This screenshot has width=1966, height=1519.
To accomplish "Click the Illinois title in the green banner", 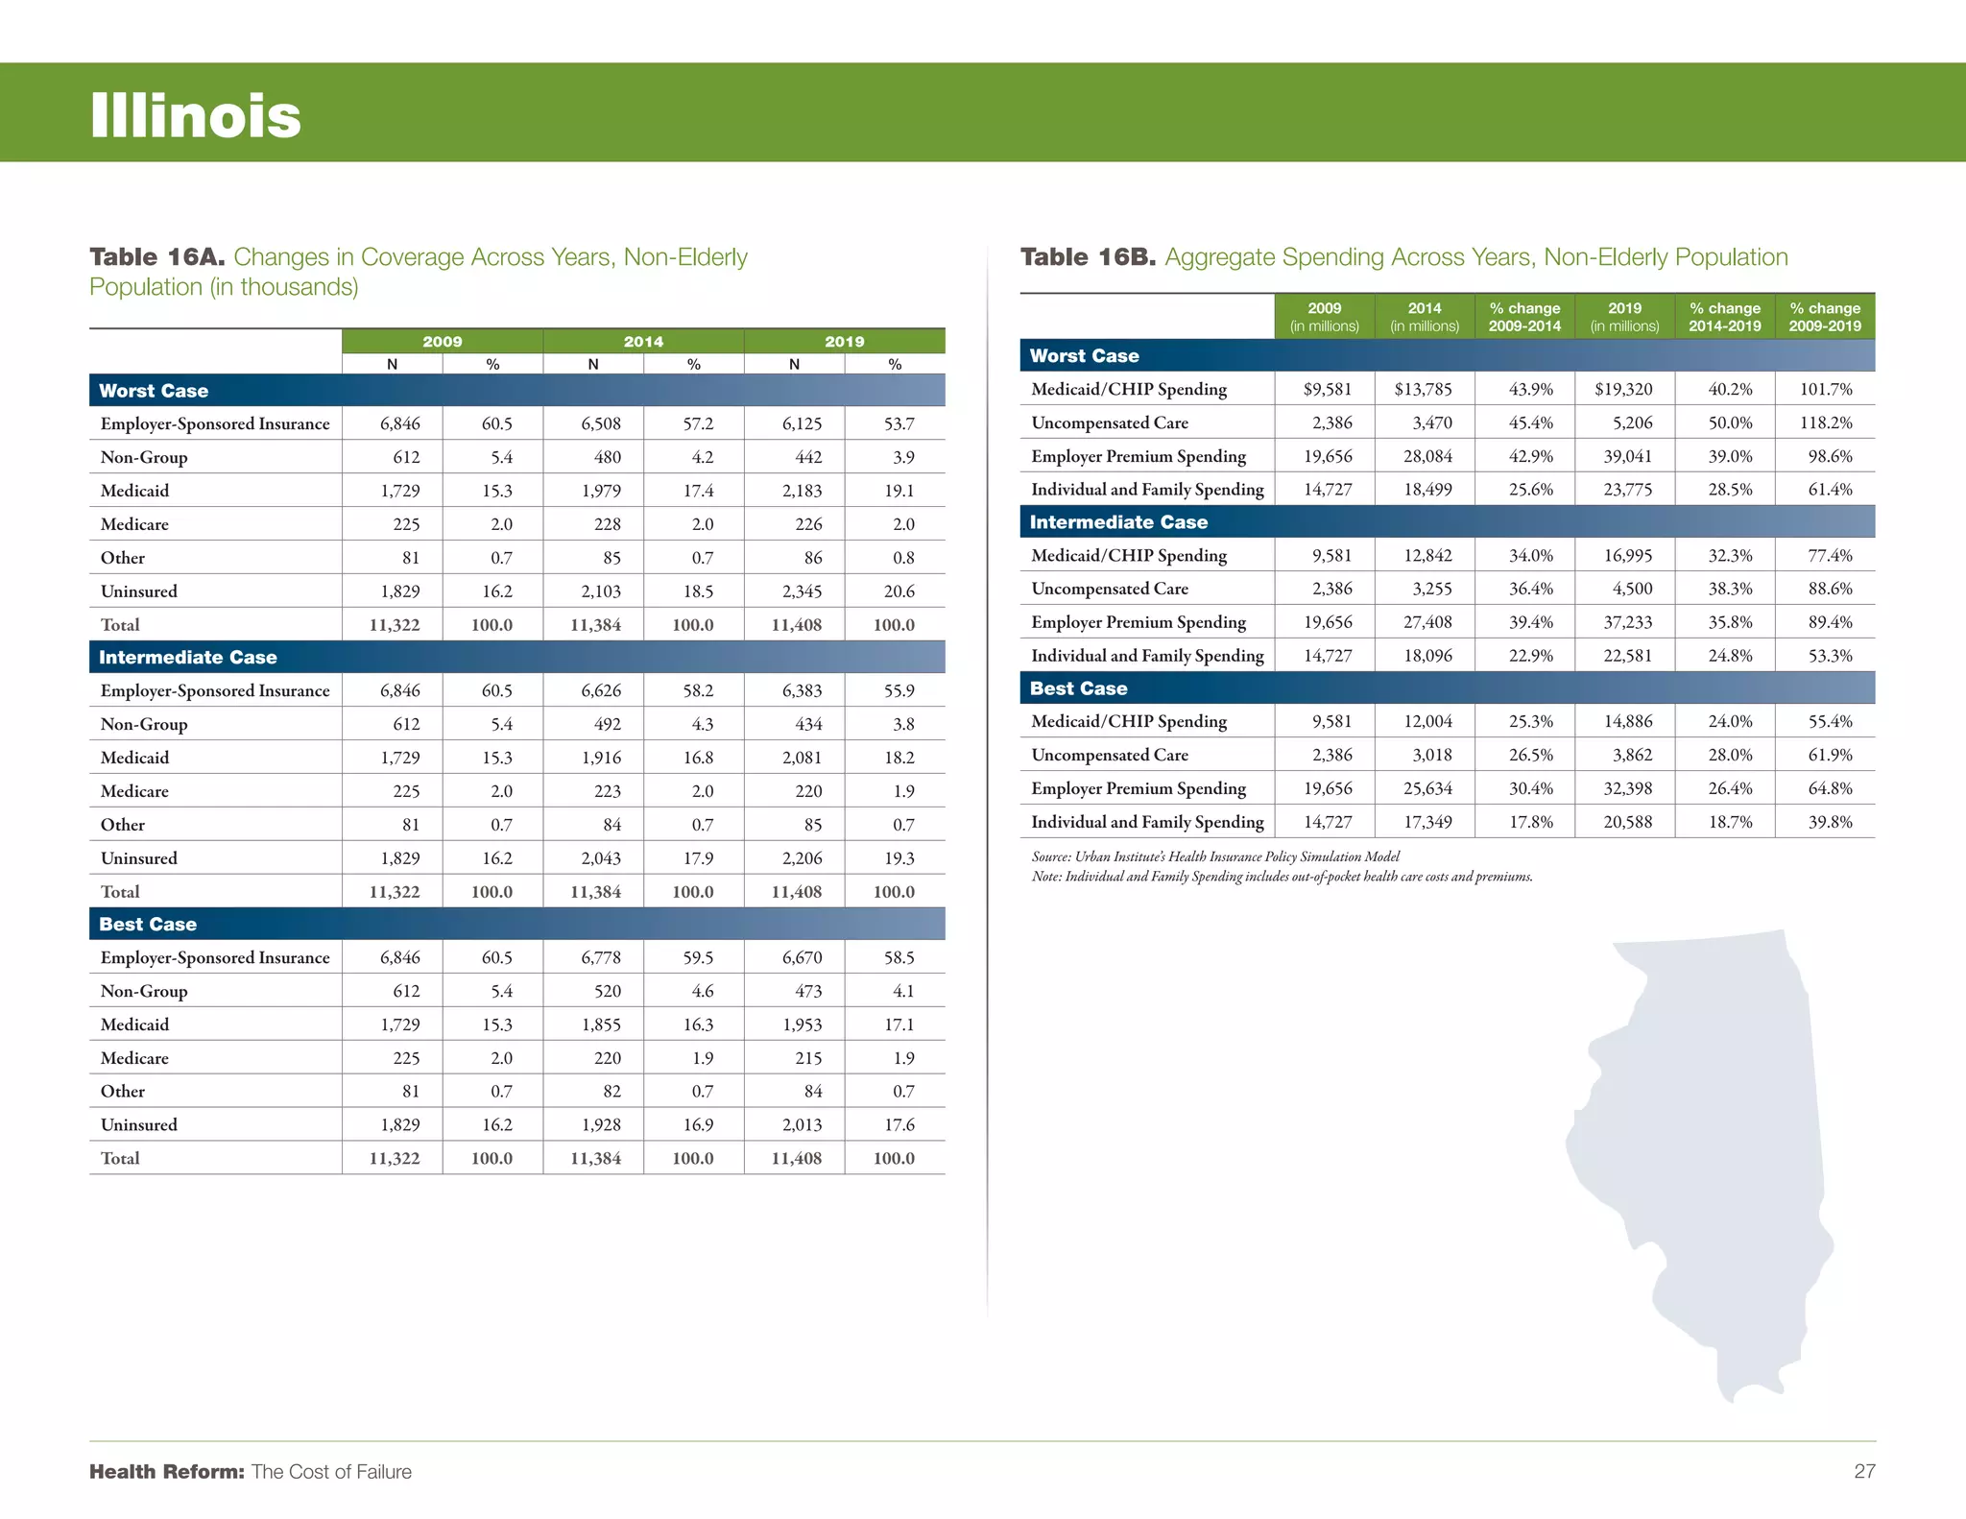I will click(x=196, y=116).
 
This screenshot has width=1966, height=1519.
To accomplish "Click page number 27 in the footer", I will click(x=1863, y=1471).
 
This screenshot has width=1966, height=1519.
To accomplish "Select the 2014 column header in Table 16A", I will click(x=643, y=342).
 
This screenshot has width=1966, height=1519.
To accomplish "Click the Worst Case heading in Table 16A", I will click(x=154, y=391).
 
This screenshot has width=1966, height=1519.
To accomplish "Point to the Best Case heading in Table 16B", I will click(x=1078, y=688).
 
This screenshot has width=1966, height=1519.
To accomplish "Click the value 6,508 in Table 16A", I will click(x=601, y=423).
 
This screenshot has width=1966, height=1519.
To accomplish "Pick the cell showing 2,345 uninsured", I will click(x=802, y=591).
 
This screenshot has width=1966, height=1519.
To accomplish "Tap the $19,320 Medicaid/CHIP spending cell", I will click(x=1623, y=389).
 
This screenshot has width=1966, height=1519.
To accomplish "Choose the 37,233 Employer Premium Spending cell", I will click(x=1627, y=622).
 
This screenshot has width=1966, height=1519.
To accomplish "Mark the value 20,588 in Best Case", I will click(x=1627, y=822).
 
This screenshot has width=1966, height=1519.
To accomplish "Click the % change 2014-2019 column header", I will click(x=1725, y=317).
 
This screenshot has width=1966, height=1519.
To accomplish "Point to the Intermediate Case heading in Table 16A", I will click(x=188, y=658).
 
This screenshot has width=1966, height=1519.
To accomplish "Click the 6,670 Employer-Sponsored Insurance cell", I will click(x=802, y=957).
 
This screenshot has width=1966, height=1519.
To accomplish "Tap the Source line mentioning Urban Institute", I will click(x=1215, y=856).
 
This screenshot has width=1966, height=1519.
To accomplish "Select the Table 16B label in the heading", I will click(x=1088, y=257).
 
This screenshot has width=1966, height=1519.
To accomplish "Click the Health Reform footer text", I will click(x=251, y=1471).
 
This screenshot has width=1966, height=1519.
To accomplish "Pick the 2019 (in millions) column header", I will click(x=1624, y=317).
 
